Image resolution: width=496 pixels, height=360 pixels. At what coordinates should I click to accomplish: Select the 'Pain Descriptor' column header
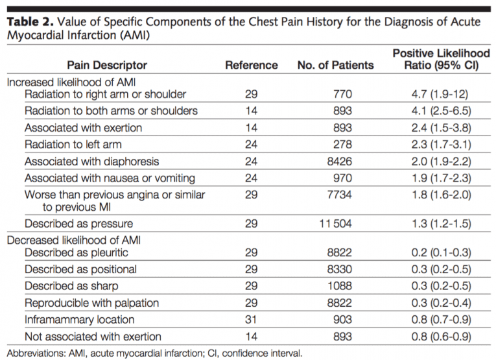tap(107, 65)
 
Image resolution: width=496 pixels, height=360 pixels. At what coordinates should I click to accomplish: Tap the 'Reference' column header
tap(251, 65)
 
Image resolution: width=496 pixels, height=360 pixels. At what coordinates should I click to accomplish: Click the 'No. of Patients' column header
tap(335, 65)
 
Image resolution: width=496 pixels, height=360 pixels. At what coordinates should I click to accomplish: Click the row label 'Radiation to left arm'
tap(73, 144)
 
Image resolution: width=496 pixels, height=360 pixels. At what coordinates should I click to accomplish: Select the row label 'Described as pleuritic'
tap(76, 252)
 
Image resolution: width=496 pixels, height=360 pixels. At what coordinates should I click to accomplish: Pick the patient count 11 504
tap(335, 223)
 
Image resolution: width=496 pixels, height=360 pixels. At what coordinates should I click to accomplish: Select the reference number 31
tap(251, 319)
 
